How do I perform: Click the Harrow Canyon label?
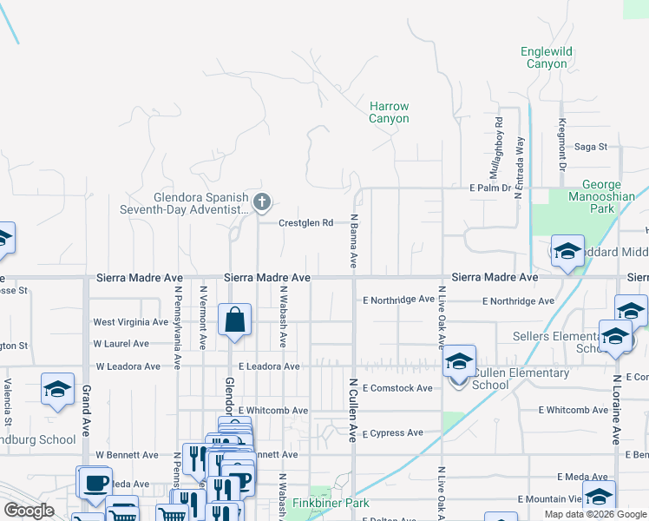pos(389,112)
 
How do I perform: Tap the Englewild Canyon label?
pos(547,58)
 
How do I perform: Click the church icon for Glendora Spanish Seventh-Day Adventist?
pos(262,203)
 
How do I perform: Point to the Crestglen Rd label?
pos(305,223)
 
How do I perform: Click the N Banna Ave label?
pos(354,241)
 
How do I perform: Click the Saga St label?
pos(590,147)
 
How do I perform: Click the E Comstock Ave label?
pos(397,388)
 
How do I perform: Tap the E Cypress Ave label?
pos(393,432)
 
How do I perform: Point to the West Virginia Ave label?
pos(130,322)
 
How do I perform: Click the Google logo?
pos(29,511)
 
